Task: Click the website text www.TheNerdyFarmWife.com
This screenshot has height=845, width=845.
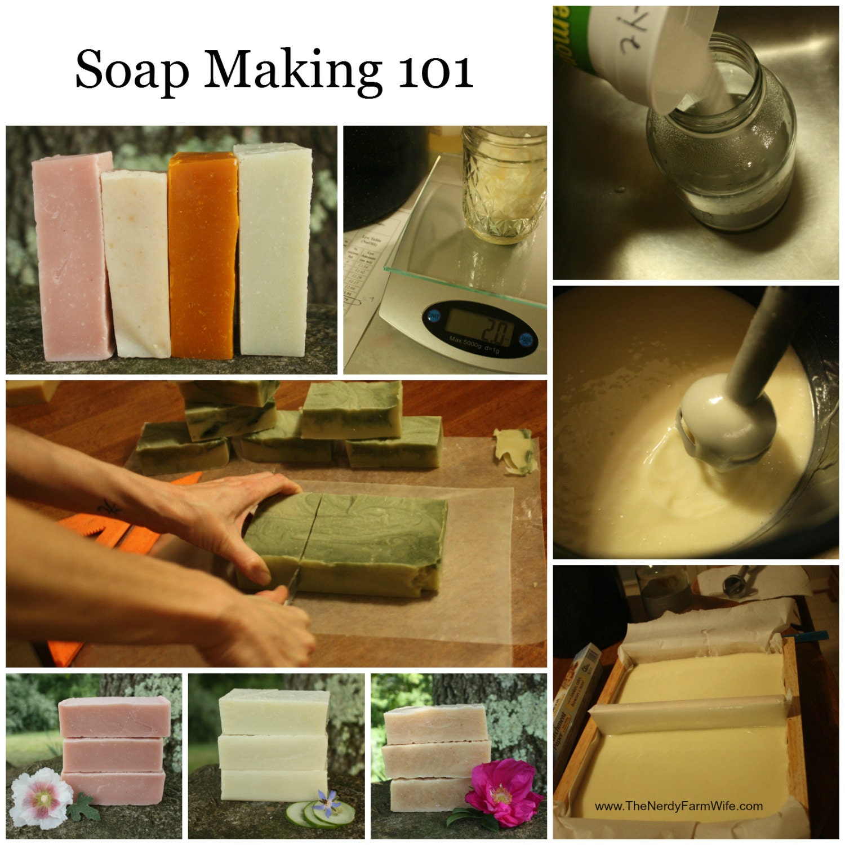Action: tap(678, 806)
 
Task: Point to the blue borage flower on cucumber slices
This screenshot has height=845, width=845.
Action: tap(326, 802)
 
